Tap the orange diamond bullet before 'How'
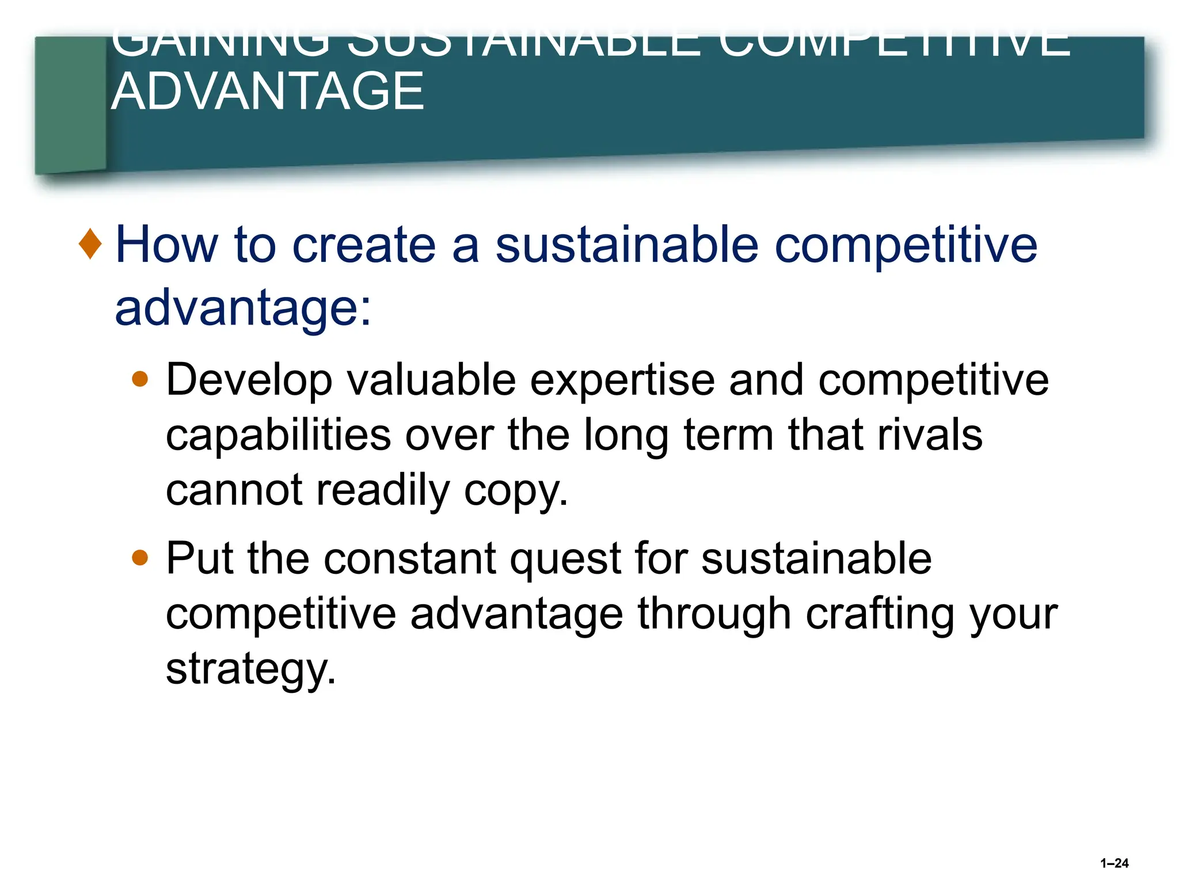click(90, 243)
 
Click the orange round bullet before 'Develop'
click(140, 379)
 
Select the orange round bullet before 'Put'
click(140, 558)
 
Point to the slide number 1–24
click(1114, 863)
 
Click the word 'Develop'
click(249, 381)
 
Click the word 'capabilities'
click(278, 436)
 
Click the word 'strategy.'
click(250, 670)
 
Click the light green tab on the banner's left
click(71, 104)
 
